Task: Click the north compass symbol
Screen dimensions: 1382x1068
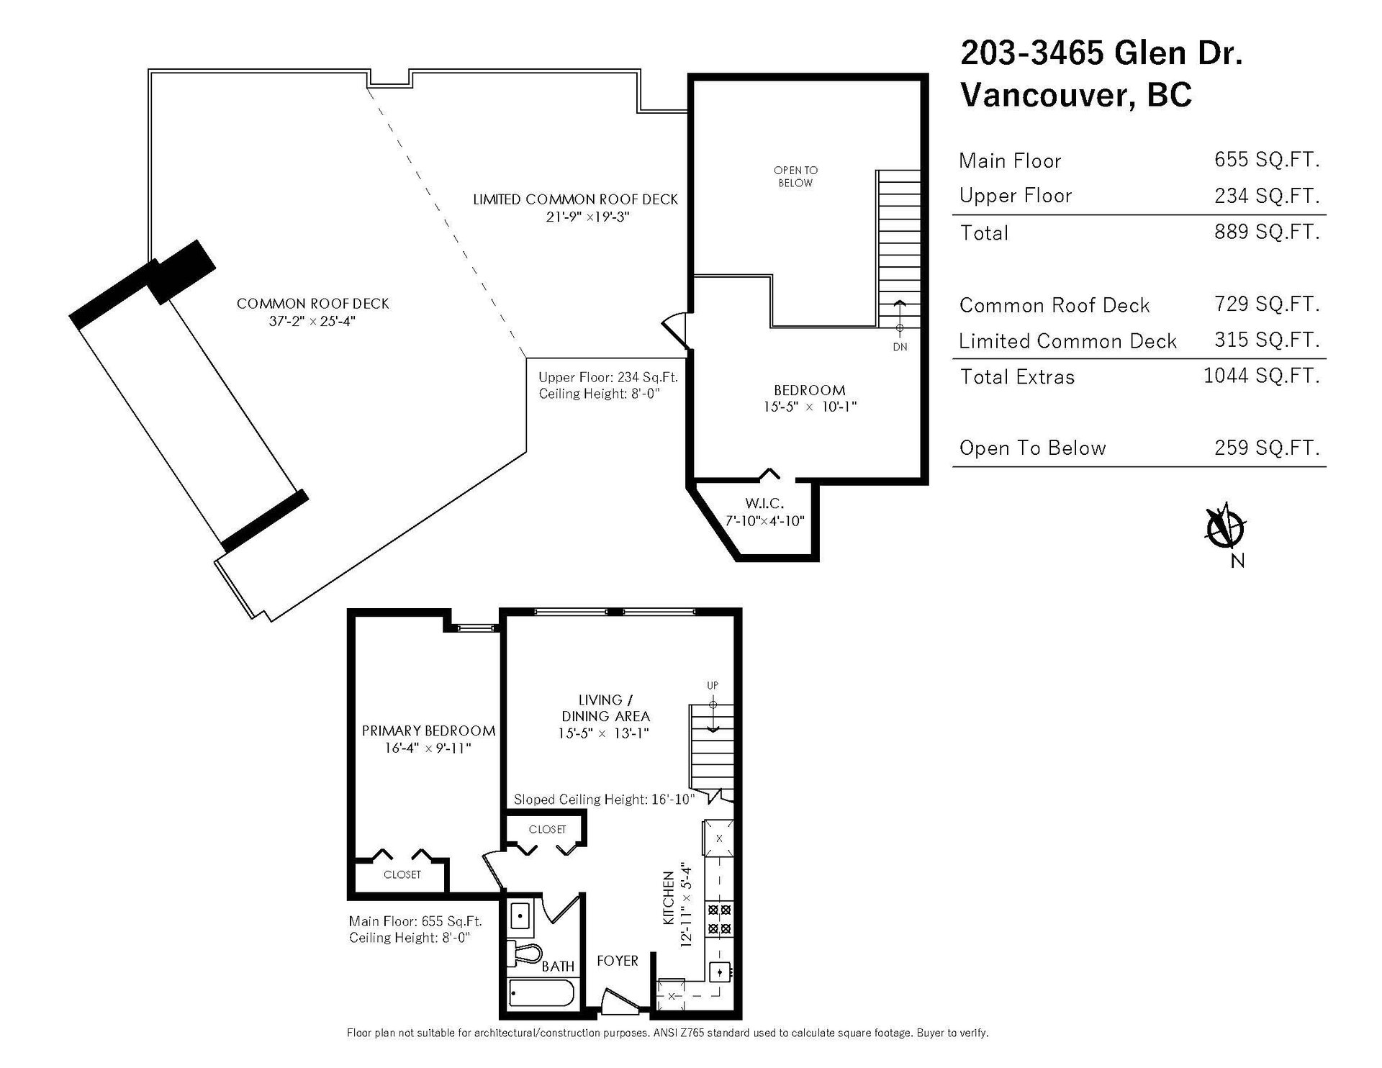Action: (1225, 529)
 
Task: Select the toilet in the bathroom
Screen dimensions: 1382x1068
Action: (525, 954)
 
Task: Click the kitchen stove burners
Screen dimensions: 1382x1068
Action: (719, 919)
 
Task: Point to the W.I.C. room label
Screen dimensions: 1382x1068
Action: (764, 503)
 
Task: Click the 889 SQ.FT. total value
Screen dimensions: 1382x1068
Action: (1267, 232)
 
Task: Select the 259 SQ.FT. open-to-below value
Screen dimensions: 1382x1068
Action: (1267, 448)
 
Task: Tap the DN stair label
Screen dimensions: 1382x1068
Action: (900, 347)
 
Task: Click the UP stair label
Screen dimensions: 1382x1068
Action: (713, 686)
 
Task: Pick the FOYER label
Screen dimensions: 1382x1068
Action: (618, 961)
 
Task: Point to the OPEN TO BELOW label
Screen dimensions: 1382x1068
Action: (795, 176)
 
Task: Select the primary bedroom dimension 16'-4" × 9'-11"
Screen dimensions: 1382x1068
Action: (428, 748)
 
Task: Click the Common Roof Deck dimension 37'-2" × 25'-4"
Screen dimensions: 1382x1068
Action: (312, 321)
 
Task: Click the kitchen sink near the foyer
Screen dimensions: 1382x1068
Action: (720, 972)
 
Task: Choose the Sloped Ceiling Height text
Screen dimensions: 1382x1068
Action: (604, 800)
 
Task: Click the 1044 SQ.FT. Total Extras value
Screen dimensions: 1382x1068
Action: (1262, 376)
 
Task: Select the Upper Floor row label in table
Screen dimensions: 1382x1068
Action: (1016, 196)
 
